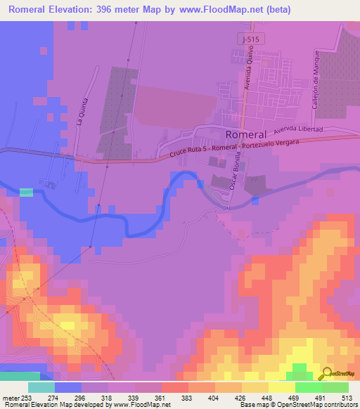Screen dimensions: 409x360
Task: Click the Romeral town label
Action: click(245, 134)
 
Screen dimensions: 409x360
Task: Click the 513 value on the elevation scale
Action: click(347, 397)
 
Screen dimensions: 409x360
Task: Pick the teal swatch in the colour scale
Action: click(41, 387)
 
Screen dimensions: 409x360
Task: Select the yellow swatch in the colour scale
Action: click(281, 387)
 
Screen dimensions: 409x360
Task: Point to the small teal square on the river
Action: click(26, 192)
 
